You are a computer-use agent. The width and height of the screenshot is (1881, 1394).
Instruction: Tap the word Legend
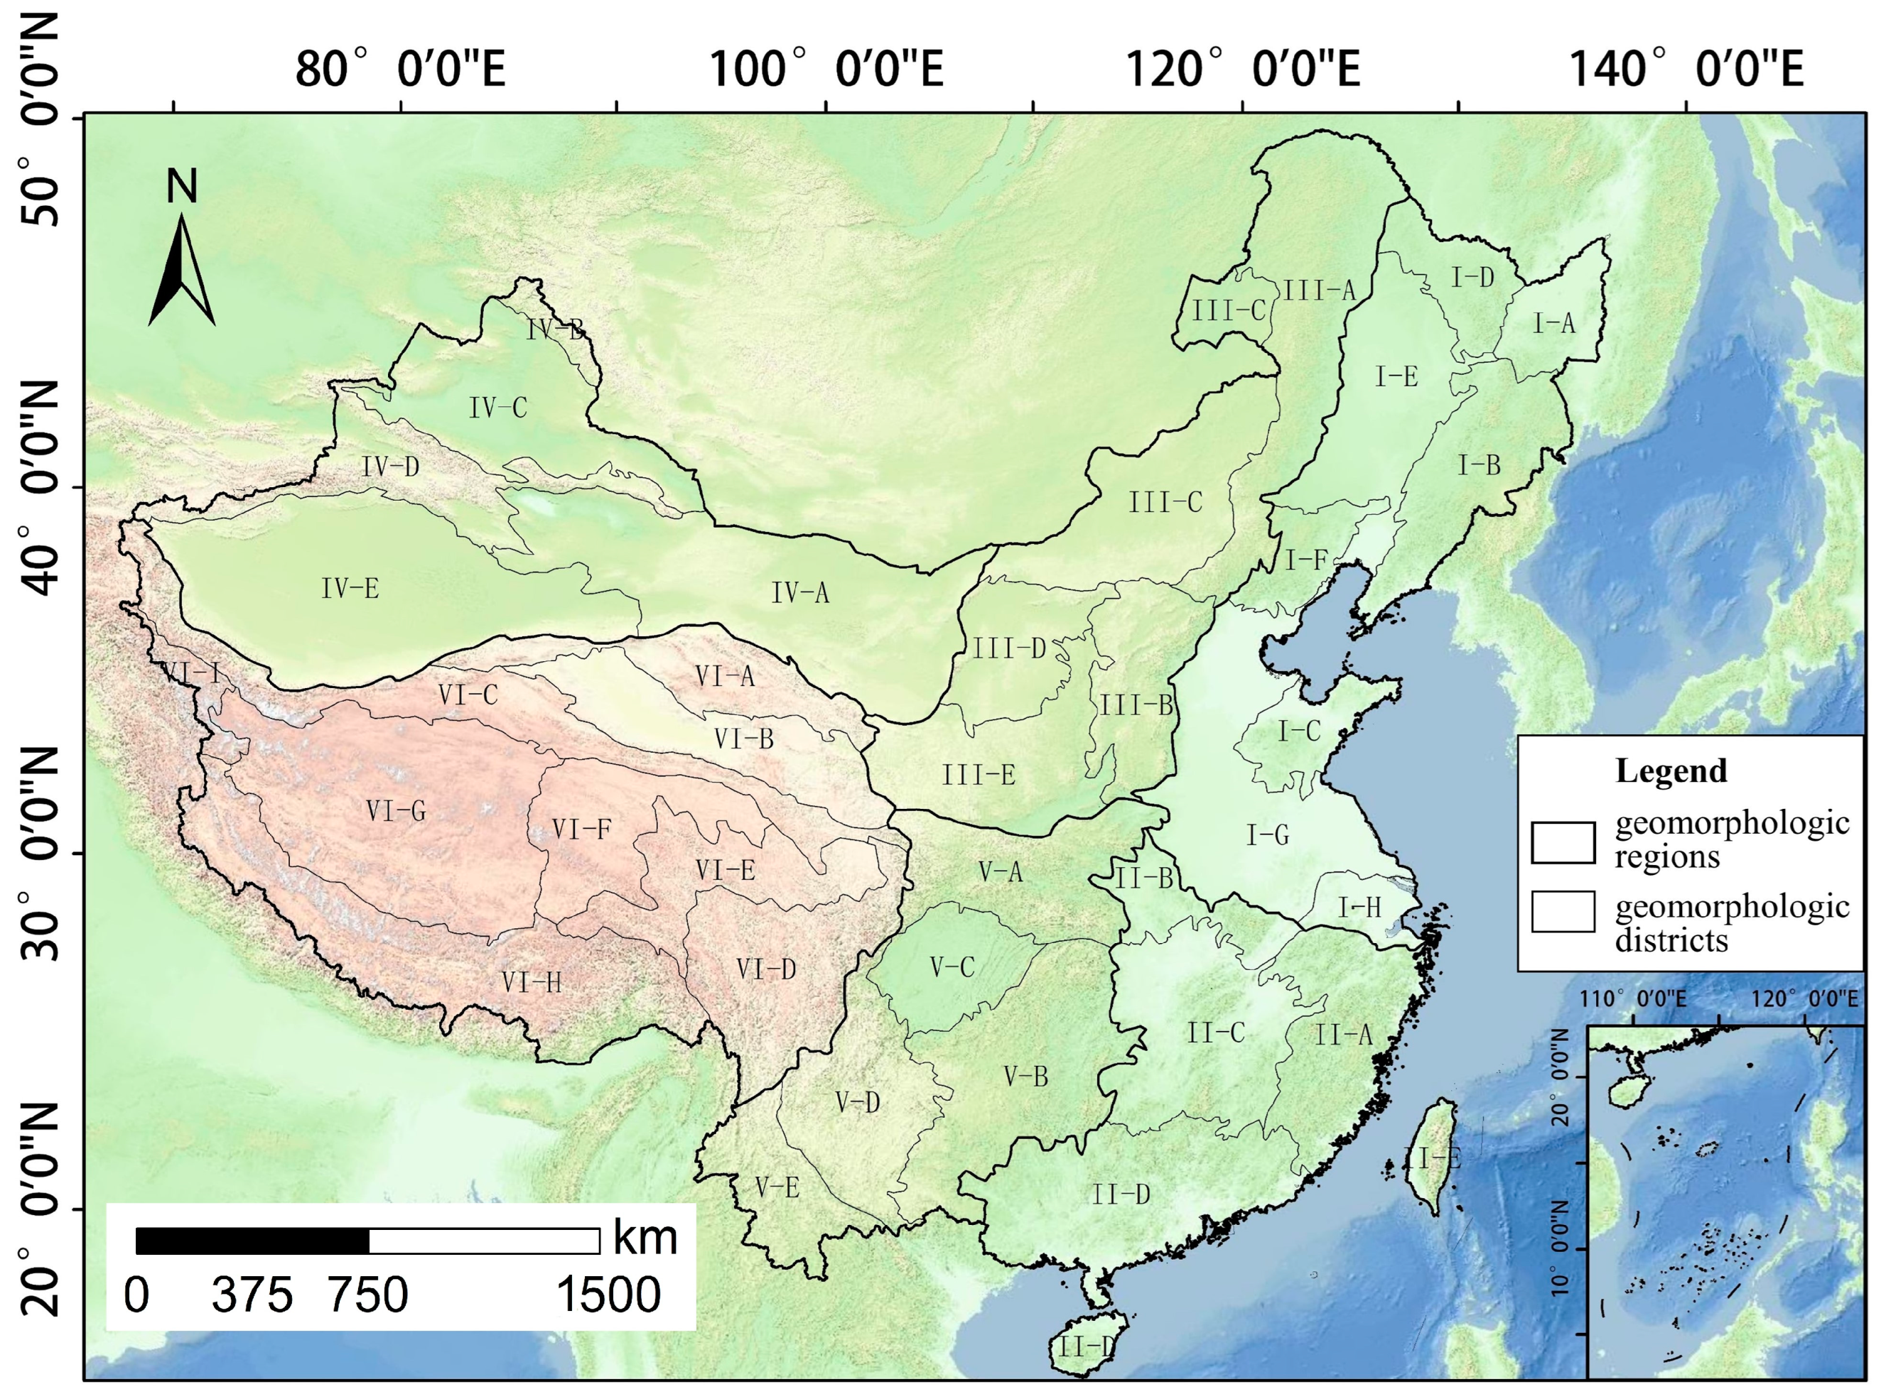coord(1671,771)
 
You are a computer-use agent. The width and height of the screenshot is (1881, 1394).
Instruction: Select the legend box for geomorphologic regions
coord(1563,842)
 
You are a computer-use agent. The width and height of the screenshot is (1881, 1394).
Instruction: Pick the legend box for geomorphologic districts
coord(1563,911)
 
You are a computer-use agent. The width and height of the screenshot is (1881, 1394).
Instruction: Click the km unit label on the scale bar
coord(645,1238)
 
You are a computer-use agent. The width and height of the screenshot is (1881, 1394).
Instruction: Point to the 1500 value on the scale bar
coord(608,1295)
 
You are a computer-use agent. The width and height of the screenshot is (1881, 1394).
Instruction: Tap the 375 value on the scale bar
coord(252,1295)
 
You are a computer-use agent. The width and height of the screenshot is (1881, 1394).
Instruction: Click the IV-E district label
coord(350,588)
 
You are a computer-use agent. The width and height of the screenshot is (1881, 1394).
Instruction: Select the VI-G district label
coord(396,812)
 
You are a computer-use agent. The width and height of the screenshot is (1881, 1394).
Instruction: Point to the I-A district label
coord(1554,323)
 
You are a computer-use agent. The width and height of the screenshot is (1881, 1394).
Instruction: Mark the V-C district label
coord(952,967)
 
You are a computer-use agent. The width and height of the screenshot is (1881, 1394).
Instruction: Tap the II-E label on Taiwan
coord(1432,1158)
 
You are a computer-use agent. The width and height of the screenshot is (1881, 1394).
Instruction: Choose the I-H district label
coord(1359,908)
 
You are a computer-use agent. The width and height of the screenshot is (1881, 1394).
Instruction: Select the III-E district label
coord(979,775)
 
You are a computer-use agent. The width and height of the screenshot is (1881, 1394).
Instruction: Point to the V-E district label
coord(777,1188)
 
